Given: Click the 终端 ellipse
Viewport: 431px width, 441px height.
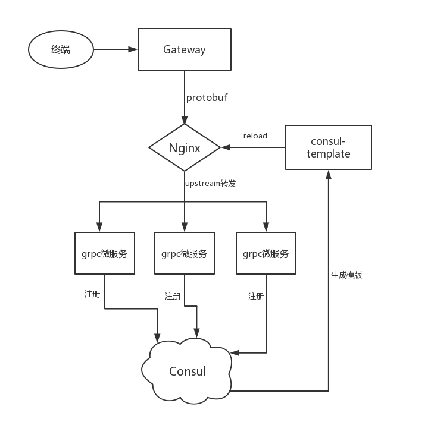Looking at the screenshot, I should pos(61,50).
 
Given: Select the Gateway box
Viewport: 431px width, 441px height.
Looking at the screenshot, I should pos(184,50).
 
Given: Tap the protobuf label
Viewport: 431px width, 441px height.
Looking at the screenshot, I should pos(207,97).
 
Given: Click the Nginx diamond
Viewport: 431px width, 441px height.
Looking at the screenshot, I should pos(184,147).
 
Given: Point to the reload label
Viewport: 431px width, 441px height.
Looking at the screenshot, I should pos(255,136).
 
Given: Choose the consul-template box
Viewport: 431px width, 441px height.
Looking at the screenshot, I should pos(329,147).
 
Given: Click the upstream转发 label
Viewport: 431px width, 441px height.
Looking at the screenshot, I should pos(210,184).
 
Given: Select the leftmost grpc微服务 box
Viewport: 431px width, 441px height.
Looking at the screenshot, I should pos(105,253).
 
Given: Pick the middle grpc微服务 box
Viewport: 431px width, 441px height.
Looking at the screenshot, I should pos(184,253).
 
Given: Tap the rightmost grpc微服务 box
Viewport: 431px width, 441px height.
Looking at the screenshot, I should pos(266,253).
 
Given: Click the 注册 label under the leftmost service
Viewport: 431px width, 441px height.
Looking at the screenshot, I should pos(92,294).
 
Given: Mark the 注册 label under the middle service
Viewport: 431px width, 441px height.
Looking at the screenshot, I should pos(172,296).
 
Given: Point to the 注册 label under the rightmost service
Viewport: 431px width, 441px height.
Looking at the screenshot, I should pos(255,296).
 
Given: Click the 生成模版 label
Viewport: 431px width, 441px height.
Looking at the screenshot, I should pos(346,275).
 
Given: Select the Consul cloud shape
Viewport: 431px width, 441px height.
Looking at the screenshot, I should pos(187,371).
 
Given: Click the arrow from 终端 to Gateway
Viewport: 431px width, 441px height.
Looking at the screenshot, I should pos(115,50).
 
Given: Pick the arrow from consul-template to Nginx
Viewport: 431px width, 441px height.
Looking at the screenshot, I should pos(253,147).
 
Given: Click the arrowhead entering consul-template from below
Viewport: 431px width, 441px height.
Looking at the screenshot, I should pos(329,174).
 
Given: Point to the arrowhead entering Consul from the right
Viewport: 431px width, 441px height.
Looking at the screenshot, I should pos(236,353).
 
